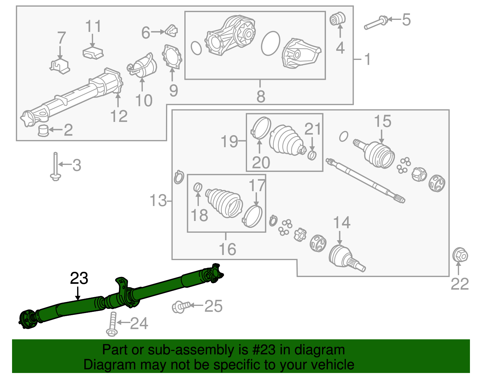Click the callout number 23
click(x=79, y=278)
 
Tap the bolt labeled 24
click(x=112, y=324)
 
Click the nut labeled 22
click(x=460, y=256)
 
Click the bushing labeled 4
click(x=337, y=19)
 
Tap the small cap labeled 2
click(x=43, y=130)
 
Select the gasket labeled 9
click(x=172, y=57)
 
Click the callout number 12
click(x=119, y=116)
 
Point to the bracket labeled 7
click(x=60, y=67)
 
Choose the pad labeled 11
click(x=93, y=53)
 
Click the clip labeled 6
click(x=172, y=30)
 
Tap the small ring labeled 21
click(x=312, y=156)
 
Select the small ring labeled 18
click(x=198, y=187)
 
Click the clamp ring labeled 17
click(x=252, y=216)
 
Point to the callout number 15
click(x=382, y=121)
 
